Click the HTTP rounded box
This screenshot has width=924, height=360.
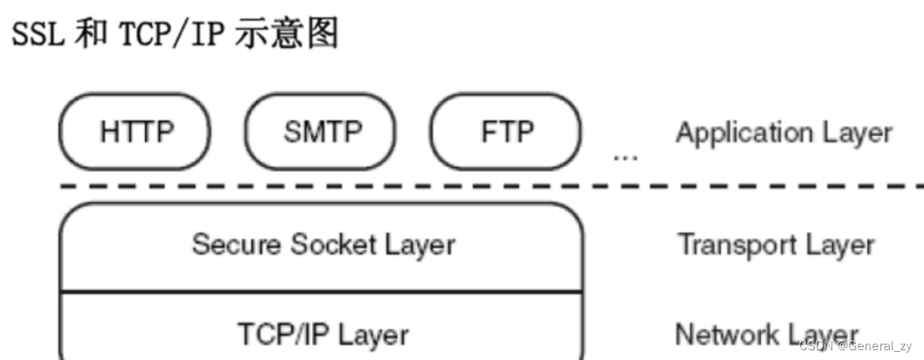tap(134, 132)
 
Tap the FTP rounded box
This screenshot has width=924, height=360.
tap(506, 132)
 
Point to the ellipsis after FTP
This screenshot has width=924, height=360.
tap(625, 154)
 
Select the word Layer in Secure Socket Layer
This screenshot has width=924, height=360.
tap(419, 244)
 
